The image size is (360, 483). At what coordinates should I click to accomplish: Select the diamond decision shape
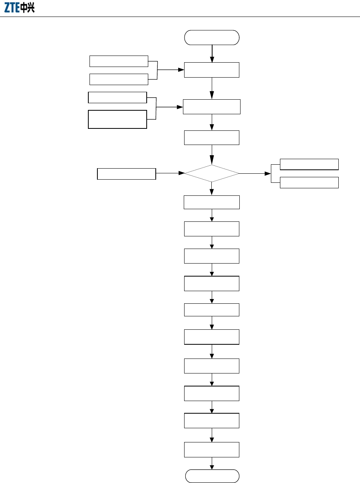[x=212, y=173]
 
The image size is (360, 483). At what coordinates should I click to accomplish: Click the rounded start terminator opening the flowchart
[x=212, y=37]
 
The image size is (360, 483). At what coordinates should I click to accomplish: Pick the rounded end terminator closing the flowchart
[x=212, y=476]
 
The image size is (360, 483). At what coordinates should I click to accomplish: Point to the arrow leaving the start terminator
[x=212, y=53]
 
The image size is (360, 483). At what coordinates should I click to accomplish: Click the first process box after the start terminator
[x=212, y=70]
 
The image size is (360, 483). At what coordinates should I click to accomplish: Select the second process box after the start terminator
[x=212, y=107]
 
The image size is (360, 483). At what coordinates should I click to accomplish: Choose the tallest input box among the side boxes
[x=118, y=119]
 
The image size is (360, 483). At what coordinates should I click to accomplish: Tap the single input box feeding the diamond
[x=127, y=174]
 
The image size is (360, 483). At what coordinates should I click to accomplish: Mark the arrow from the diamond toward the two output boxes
[x=255, y=173]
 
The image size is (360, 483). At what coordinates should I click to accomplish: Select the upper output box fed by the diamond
[x=309, y=164]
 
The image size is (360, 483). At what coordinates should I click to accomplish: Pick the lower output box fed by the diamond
[x=309, y=182]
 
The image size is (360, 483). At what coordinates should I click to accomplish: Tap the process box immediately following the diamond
[x=212, y=202]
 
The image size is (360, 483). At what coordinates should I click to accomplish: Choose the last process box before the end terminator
[x=212, y=450]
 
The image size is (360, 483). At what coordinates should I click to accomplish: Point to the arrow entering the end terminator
[x=212, y=463]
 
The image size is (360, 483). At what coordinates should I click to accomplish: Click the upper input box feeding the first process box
[x=119, y=61]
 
